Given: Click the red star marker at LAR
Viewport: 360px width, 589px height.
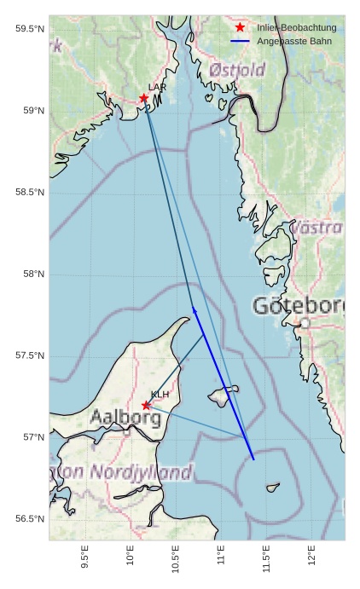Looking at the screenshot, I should tap(144, 98).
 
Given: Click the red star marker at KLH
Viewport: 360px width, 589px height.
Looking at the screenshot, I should tap(146, 405).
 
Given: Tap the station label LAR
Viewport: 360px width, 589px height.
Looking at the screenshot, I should tap(157, 87).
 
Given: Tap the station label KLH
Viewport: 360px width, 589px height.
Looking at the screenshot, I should tap(160, 395).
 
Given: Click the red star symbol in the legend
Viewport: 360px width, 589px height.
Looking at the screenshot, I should tap(240, 28).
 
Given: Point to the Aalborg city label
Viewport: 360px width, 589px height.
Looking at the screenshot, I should tap(125, 418).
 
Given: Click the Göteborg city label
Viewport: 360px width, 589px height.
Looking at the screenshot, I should tap(299, 305).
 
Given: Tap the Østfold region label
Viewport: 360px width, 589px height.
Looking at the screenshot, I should tap(237, 70).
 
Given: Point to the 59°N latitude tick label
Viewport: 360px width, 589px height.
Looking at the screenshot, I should tap(29, 111).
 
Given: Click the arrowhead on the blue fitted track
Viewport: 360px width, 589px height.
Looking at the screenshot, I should tap(195, 310).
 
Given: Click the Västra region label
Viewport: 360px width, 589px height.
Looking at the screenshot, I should tap(316, 228).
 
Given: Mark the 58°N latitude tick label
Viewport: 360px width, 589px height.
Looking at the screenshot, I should tap(29, 274).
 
